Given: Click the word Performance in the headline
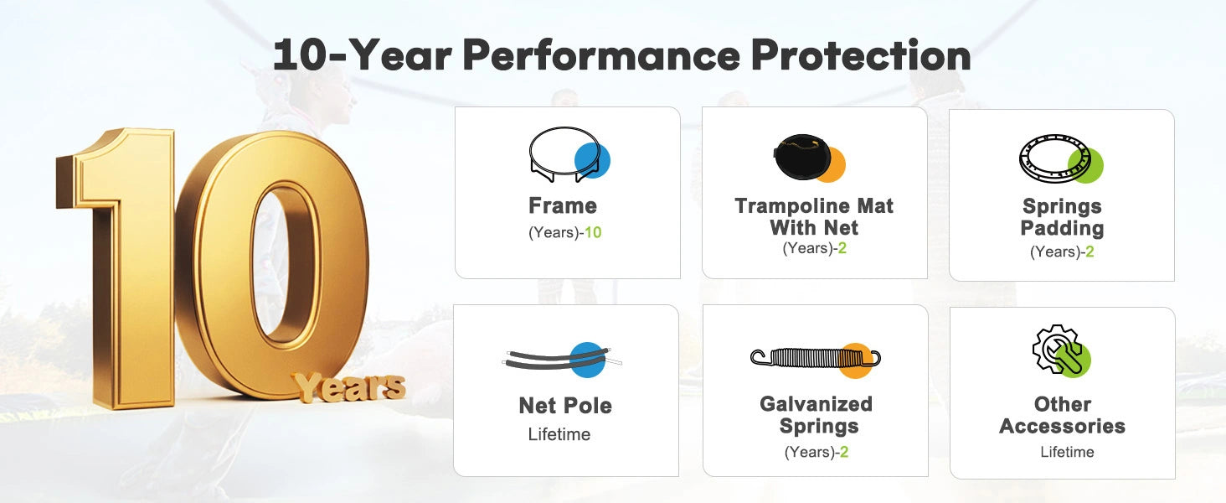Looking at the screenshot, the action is coord(601,55).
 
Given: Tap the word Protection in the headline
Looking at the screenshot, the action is coord(861,55).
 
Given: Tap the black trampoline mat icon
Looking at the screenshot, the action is coord(809,158).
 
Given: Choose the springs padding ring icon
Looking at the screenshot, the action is coord(1061,158).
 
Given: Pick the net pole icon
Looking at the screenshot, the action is coord(562,360).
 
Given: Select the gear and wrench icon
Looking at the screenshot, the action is coord(1061,350).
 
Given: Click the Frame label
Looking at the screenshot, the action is coord(563,206).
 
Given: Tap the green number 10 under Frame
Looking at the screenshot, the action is coord(593,233).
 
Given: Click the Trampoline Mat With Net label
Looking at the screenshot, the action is coord(814,217).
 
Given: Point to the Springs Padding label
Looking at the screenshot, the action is coord(1062,217).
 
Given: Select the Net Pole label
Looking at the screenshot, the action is coord(565,406).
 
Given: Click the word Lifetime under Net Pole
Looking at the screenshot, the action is coord(559,434).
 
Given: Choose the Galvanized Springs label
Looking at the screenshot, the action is coord(816,415).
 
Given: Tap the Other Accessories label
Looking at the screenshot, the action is coord(1063,415).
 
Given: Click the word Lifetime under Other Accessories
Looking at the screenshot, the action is coord(1067,452).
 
